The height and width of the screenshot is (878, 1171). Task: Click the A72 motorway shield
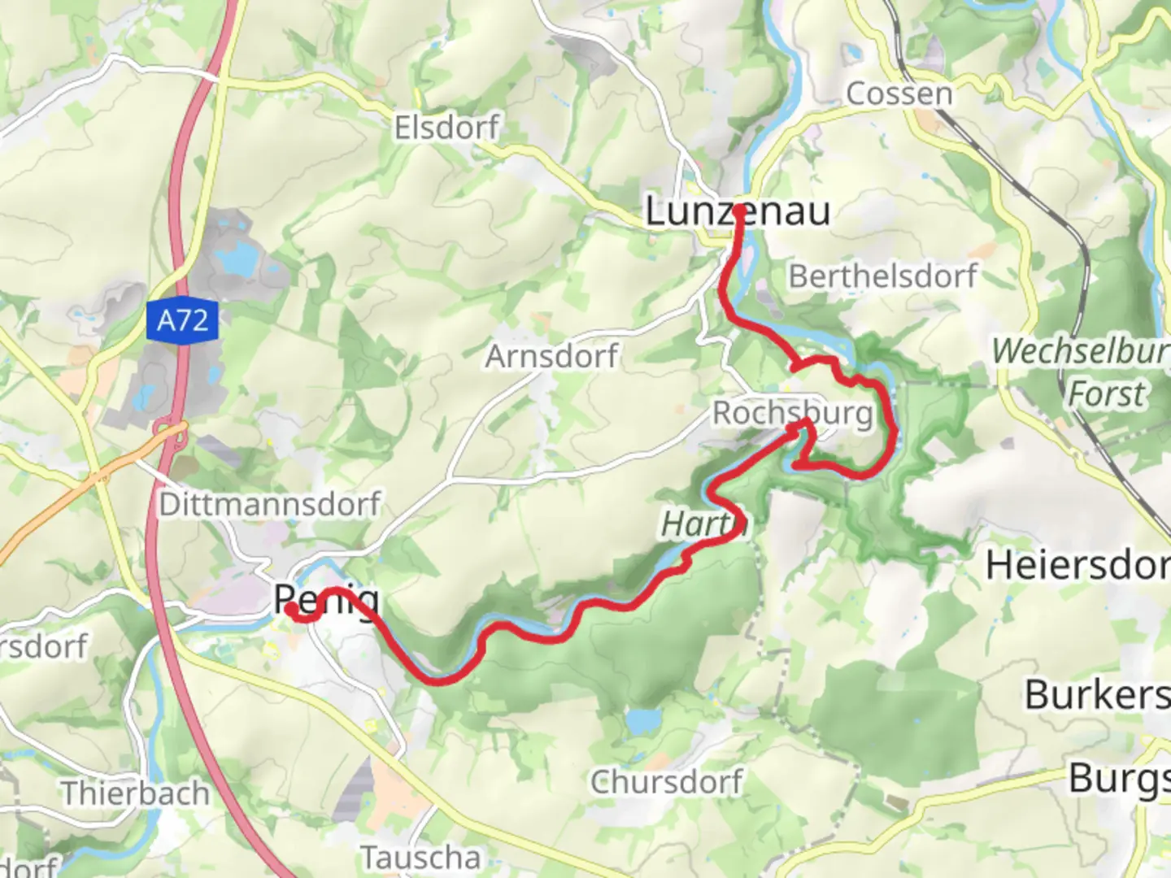pos(183,320)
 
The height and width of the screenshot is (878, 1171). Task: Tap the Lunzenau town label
pos(737,211)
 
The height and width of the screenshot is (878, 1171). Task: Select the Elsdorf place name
pos(446,128)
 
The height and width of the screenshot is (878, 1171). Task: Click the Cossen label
pos(899,93)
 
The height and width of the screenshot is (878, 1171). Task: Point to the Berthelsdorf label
pos(882,276)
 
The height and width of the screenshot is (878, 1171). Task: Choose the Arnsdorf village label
pos(551,356)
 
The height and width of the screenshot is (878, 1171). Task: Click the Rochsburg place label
pos(792,413)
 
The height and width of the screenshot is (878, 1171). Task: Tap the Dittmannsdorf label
pos(269,504)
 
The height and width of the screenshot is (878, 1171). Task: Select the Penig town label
pos(326,600)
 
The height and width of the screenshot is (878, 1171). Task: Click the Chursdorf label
pos(666,782)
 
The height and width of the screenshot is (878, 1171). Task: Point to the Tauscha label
pos(420,857)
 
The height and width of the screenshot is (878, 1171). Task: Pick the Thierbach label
pos(135,793)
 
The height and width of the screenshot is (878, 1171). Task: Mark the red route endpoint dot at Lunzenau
pos(740,210)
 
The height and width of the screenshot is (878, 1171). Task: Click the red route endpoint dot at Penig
pos(290,606)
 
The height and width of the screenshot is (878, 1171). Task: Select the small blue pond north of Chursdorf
pos(644,720)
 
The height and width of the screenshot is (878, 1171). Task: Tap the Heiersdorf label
pos(1077,565)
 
